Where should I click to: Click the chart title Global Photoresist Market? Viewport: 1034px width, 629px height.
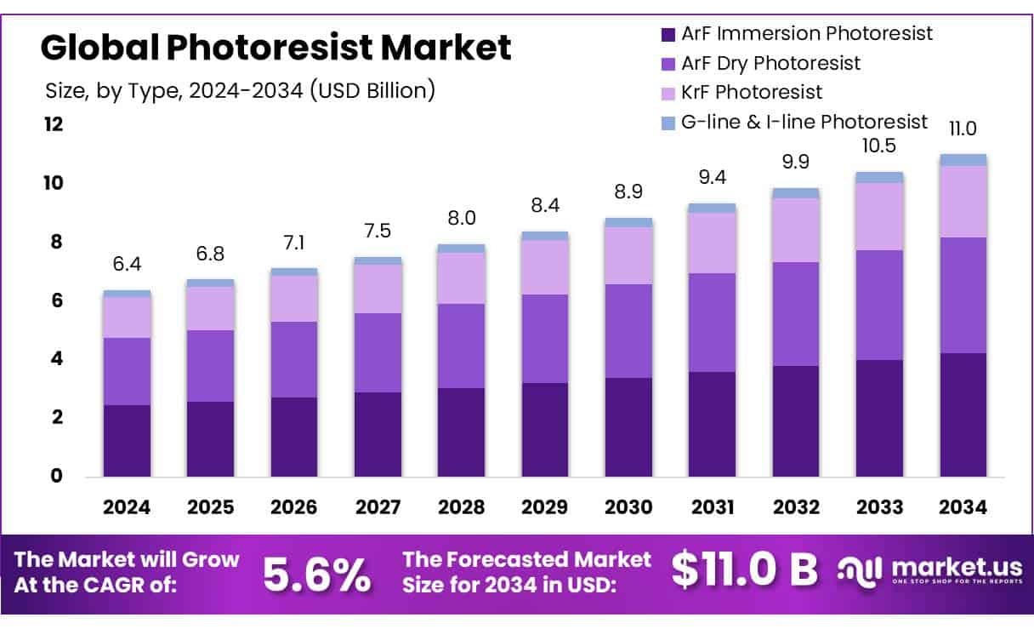pyautogui.click(x=276, y=48)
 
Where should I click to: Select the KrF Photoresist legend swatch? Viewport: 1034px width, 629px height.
pyautogui.click(x=668, y=92)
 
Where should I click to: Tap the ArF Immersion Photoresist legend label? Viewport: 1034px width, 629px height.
pyautogui.click(x=807, y=34)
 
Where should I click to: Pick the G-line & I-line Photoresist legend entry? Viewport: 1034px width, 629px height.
pyautogui.click(x=804, y=122)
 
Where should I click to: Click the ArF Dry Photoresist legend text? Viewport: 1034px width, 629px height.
pyautogui.click(x=770, y=63)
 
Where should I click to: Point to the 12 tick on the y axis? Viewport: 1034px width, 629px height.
pyautogui.click(x=54, y=124)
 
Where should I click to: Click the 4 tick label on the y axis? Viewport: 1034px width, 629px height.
pyautogui.click(x=58, y=359)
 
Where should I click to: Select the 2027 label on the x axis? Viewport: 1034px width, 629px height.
pyautogui.click(x=378, y=507)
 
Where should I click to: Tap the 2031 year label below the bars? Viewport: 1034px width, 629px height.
pyautogui.click(x=713, y=507)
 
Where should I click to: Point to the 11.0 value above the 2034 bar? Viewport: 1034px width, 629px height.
pyautogui.click(x=963, y=130)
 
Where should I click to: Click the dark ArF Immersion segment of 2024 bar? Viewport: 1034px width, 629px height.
pyautogui.click(x=128, y=440)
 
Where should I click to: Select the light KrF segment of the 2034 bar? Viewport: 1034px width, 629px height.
pyautogui.click(x=963, y=201)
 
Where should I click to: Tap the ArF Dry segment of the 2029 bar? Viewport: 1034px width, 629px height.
pyautogui.click(x=545, y=339)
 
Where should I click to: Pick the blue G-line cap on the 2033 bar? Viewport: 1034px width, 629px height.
pyautogui.click(x=879, y=177)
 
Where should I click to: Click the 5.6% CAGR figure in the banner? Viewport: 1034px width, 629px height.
pyautogui.click(x=316, y=575)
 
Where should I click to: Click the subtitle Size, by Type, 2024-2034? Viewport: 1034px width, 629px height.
pyautogui.click(x=240, y=89)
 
